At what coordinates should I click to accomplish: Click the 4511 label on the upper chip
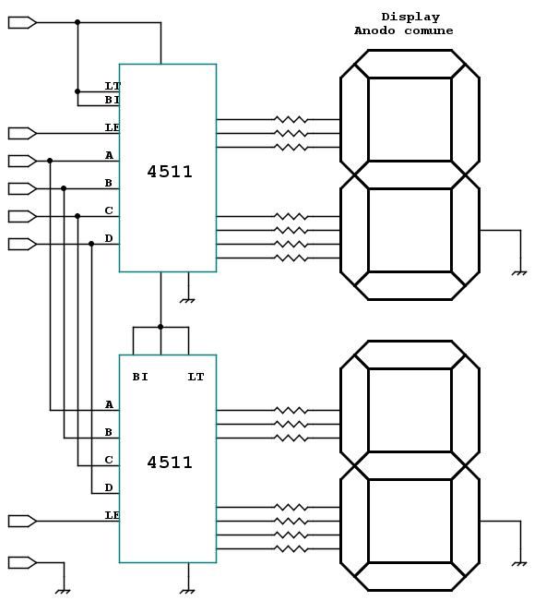tap(170, 172)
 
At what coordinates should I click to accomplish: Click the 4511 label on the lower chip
tap(170, 463)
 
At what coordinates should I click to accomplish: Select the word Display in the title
tap(410, 18)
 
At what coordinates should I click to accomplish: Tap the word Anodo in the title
tap(374, 30)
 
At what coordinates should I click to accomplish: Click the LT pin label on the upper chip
tap(113, 86)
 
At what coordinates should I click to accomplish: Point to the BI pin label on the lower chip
tap(140, 377)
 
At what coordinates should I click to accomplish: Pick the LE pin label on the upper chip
tap(113, 127)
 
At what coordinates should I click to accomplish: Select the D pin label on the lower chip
tap(109, 487)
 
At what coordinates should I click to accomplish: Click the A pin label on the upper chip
tap(109, 155)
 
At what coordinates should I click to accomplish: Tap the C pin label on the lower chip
tap(109, 460)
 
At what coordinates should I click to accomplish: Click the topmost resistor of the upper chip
tap(291, 120)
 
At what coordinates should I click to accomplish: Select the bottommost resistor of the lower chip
tap(291, 549)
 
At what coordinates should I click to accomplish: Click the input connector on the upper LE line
tap(22, 133)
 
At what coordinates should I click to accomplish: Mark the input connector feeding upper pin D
tap(22, 244)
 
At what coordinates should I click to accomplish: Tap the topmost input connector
tap(22, 22)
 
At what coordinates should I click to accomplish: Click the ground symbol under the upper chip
tap(187, 301)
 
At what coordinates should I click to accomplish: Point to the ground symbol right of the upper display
tap(519, 273)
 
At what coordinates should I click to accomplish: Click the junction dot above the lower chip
tap(160, 327)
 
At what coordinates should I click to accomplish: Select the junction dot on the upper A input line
tap(50, 161)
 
